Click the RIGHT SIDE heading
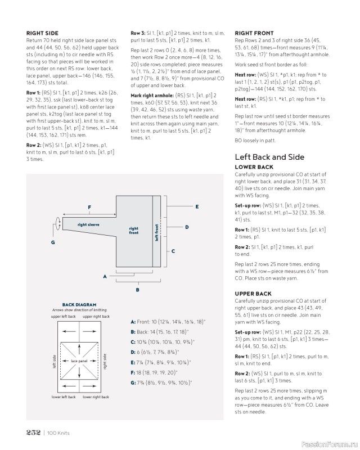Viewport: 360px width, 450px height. (43, 34)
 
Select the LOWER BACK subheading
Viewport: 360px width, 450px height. (253, 168)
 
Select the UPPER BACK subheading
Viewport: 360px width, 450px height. (253, 294)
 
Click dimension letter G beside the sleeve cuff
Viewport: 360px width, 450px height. (52, 242)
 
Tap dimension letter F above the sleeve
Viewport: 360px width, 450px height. (89, 207)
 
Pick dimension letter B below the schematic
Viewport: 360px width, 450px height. (138, 290)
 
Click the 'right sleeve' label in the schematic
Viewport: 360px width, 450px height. (88, 224)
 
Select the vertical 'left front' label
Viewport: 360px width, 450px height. (157, 232)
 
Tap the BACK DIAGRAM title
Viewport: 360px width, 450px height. (76, 305)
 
